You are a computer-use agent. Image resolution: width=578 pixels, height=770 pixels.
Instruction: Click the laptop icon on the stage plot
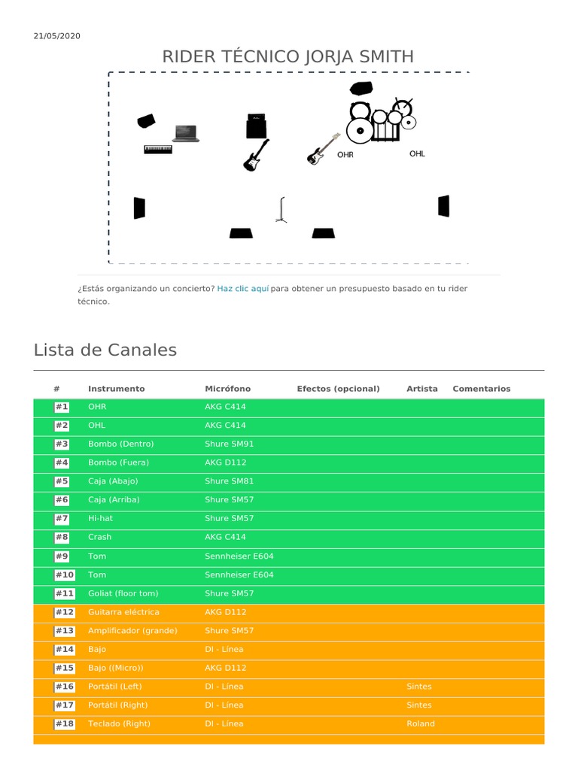pyautogui.click(x=186, y=133)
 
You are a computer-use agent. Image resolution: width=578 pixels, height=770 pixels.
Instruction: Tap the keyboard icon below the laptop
pyautogui.click(x=158, y=149)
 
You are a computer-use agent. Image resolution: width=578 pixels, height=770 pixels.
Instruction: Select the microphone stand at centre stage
pyautogui.click(x=281, y=210)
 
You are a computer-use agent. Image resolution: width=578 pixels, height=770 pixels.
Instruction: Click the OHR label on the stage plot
pyautogui.click(x=345, y=155)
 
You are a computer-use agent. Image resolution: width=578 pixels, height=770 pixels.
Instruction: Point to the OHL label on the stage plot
pyautogui.click(x=417, y=154)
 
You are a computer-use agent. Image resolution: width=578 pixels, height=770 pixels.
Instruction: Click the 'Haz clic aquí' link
pyautogui.click(x=242, y=289)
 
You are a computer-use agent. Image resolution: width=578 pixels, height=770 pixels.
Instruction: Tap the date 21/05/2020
pyautogui.click(x=57, y=36)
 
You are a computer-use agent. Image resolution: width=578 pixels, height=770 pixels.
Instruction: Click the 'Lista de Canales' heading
pyautogui.click(x=105, y=350)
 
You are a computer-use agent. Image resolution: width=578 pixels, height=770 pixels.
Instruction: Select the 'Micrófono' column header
pyautogui.click(x=228, y=389)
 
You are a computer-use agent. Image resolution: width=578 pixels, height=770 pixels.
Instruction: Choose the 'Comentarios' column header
pyautogui.click(x=481, y=389)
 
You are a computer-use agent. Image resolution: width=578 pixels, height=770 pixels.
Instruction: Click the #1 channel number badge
pyautogui.click(x=62, y=407)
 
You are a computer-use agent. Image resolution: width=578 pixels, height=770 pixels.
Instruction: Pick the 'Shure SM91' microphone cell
pyautogui.click(x=230, y=444)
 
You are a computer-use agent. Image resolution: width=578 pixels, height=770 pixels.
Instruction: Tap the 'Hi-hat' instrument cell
pyautogui.click(x=100, y=518)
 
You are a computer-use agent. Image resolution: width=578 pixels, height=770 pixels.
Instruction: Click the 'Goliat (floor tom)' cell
pyautogui.click(x=123, y=593)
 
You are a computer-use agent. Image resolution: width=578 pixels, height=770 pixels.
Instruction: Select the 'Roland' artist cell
pyautogui.click(x=421, y=723)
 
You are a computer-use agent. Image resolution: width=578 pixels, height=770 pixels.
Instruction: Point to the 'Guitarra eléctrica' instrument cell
pyautogui.click(x=123, y=612)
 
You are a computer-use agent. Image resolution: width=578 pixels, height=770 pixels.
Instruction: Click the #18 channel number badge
pyautogui.click(x=64, y=723)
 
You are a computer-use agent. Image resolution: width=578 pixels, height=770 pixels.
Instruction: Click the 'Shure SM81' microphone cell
pyautogui.click(x=230, y=481)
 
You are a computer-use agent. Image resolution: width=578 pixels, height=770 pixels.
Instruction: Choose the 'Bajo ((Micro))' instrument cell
pyautogui.click(x=116, y=668)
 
